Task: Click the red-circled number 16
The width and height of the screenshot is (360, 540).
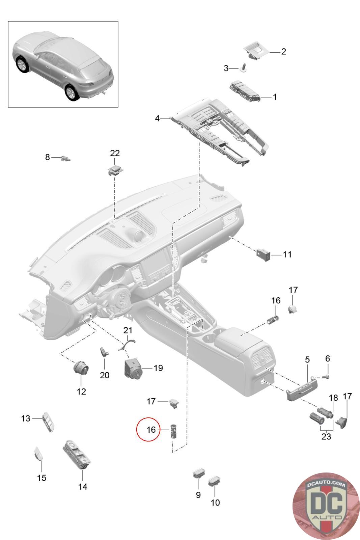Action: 151,430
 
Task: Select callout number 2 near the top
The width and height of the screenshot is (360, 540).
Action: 283,52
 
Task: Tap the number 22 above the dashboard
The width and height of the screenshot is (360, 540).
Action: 115,153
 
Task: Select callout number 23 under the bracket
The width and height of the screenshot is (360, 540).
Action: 326,436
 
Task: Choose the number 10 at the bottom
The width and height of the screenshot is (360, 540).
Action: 215,503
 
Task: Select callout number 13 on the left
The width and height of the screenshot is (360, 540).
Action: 26,418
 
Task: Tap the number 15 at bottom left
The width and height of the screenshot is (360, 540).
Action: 41,478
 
